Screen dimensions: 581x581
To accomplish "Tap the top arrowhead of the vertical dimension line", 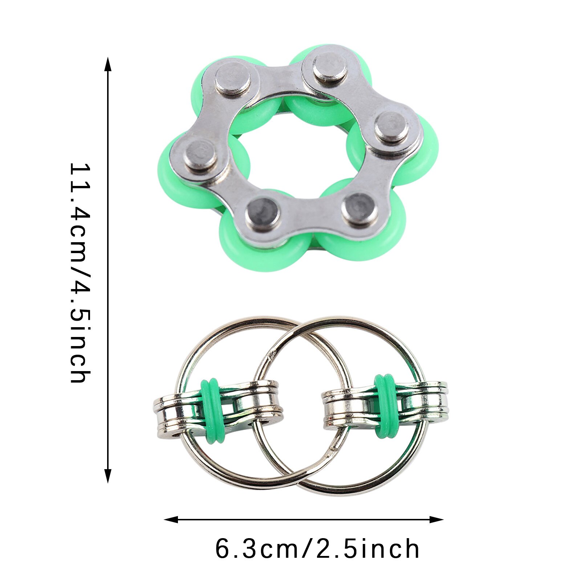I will coord(107,64).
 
